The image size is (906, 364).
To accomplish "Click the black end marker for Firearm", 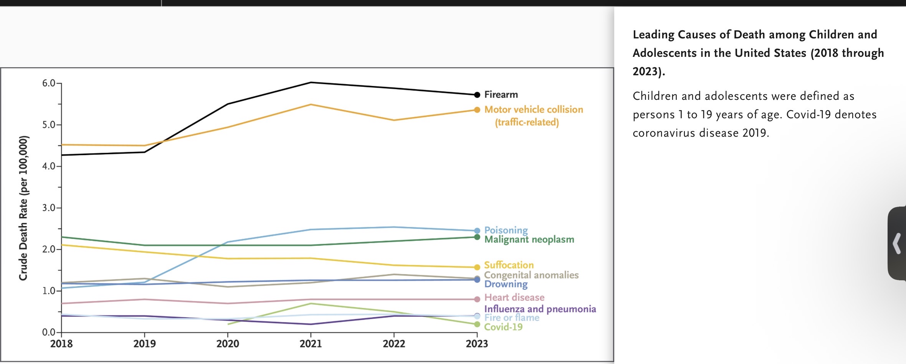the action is click(477, 95).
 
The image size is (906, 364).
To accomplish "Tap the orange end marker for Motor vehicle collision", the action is click(477, 110).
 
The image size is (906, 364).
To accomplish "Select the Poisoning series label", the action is click(506, 230).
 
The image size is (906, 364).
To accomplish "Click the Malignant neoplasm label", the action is click(529, 240).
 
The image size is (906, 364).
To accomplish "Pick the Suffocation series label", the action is click(509, 265).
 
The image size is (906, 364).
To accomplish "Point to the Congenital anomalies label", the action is click(531, 275).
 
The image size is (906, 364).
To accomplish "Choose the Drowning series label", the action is click(506, 284).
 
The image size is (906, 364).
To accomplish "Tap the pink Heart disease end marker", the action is click(477, 299).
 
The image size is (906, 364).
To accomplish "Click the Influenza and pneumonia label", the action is click(540, 309).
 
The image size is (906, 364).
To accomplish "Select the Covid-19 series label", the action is click(503, 327).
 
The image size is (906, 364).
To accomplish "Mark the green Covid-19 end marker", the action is click(477, 324).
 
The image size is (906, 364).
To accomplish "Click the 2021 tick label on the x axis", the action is click(311, 343).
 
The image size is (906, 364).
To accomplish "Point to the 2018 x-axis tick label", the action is click(61, 343).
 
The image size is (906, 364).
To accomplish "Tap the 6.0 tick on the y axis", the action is click(49, 83).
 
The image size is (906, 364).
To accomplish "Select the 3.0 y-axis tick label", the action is click(49, 208).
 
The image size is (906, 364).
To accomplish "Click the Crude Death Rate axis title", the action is click(23, 208).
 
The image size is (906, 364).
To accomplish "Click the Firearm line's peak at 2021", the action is click(311, 82).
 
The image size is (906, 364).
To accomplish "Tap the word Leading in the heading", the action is click(653, 35).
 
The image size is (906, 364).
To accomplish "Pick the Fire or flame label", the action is click(512, 318).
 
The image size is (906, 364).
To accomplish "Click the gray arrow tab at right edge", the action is click(897, 243).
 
